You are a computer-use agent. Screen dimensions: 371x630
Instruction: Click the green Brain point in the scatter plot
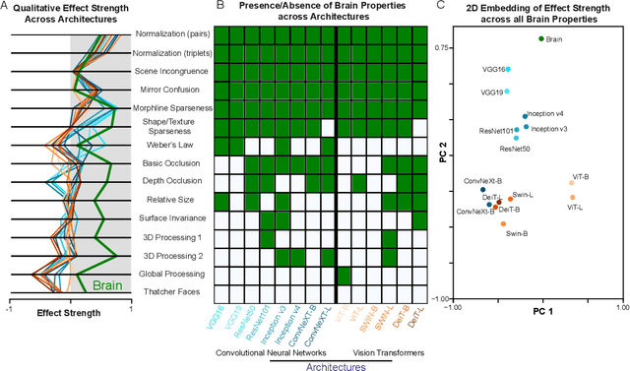pyautogui.click(x=540, y=38)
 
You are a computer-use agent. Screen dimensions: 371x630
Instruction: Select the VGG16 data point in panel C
pyautogui.click(x=507, y=70)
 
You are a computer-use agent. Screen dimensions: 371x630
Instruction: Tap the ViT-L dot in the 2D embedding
pyautogui.click(x=572, y=197)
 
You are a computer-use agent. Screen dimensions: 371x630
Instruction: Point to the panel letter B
pyautogui.click(x=220, y=7)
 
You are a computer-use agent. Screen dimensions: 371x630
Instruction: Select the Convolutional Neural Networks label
pyautogui.click(x=270, y=347)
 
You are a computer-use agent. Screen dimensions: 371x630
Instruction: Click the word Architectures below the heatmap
pyautogui.click(x=321, y=362)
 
